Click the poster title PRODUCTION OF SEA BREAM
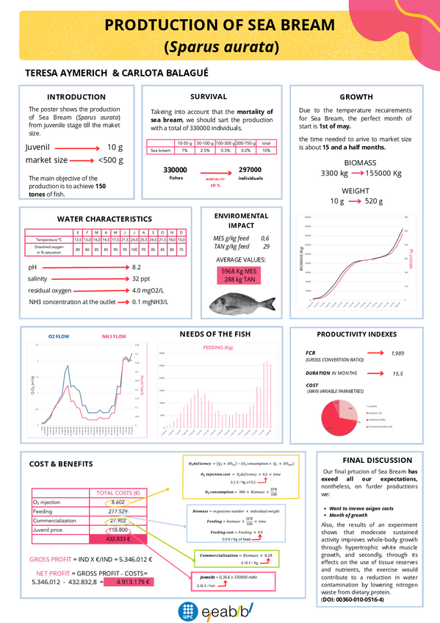(220, 26)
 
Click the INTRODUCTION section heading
(76, 97)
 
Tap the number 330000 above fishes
(175, 170)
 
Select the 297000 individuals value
(250, 170)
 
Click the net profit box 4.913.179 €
(127, 582)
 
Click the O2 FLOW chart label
(59, 336)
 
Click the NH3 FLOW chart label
(114, 336)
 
